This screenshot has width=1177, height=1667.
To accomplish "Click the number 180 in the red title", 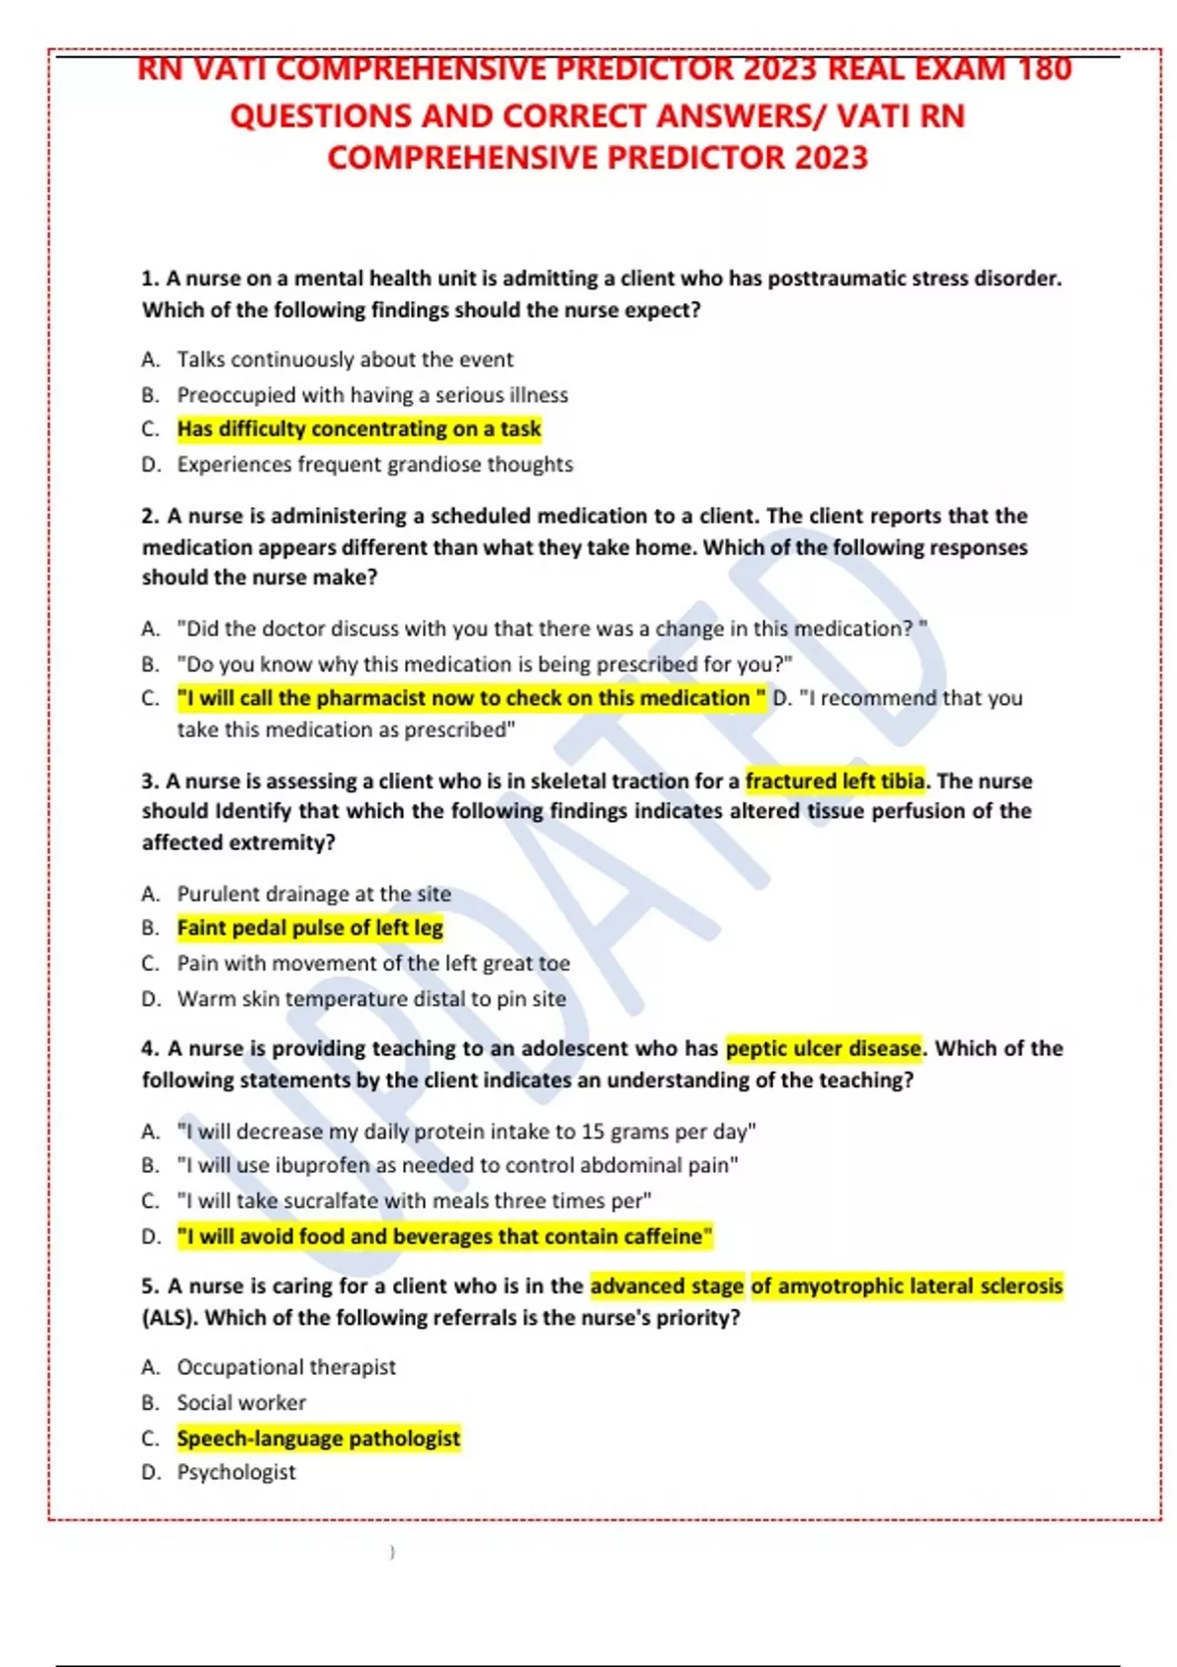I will pos(1045,70).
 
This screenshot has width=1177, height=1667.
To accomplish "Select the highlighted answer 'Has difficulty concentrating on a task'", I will pos(359,429).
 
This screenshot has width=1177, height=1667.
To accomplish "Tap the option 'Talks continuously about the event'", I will pos(344,360).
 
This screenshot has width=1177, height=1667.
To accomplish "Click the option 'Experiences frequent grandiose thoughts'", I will pos(375,465).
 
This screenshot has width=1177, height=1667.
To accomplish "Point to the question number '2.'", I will pos(151,517).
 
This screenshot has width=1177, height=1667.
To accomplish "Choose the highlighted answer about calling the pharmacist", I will pos(471,698).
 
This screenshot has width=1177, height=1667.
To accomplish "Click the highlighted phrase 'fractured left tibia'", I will pos(835,782).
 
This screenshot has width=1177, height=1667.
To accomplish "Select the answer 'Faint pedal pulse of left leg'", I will pos(310,928).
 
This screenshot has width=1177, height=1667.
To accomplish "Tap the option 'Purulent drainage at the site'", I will pos(314,894).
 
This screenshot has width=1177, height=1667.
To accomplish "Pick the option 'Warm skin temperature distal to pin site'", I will pos(371,999).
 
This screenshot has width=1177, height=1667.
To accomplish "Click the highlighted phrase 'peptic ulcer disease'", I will pos(824,1049).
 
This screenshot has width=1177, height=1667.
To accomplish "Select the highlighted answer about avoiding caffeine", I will pos(444,1237).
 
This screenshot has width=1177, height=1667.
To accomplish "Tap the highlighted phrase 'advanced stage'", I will pos(667,1287).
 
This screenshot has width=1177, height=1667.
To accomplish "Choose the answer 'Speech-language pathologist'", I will pos(318,1439).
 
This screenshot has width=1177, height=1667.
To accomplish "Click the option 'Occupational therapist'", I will pos(286,1368).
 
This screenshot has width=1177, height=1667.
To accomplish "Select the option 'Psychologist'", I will pos(235,1473).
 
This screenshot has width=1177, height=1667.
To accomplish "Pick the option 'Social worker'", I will pos(241,1403).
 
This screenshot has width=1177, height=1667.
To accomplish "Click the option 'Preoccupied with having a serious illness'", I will pos(372,395).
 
